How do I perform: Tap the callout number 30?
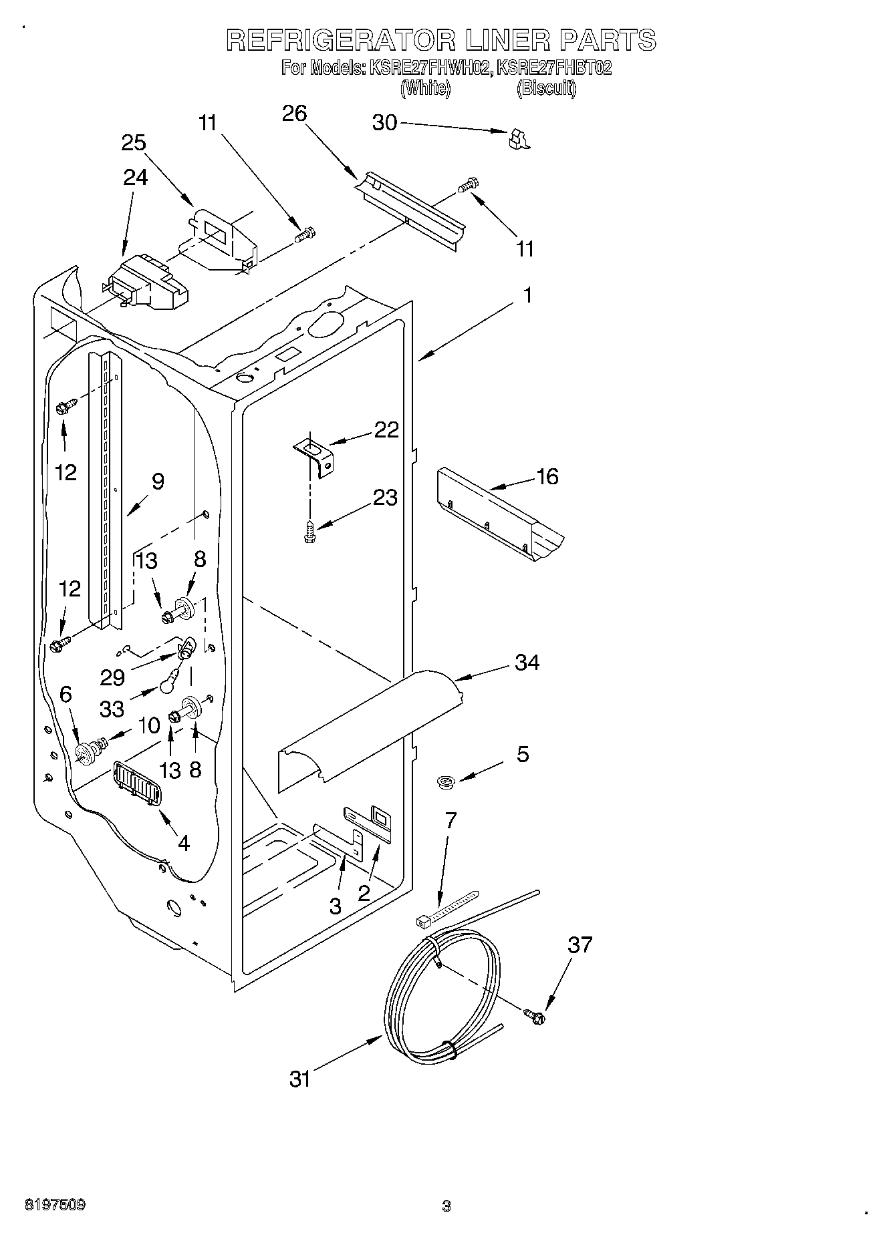(384, 123)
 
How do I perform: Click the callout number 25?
(134, 143)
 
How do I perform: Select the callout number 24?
(135, 177)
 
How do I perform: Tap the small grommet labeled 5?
(444, 780)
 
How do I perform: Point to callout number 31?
(300, 1078)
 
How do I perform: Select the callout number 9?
(158, 482)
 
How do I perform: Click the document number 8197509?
(55, 1205)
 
